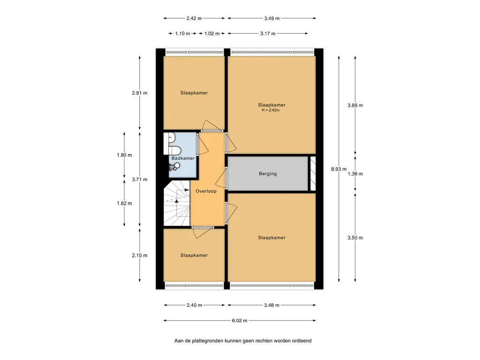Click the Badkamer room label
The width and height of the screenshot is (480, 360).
point(183,158)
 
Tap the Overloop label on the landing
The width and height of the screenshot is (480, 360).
point(206,191)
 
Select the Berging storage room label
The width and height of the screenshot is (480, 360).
point(268,173)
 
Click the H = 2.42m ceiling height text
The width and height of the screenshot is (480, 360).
point(270,110)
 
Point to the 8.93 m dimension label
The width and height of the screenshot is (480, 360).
point(339,169)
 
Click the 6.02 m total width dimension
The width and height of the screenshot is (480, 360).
point(240,321)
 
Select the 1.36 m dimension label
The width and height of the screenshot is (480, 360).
point(355,174)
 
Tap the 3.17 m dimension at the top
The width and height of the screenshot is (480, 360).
point(268,33)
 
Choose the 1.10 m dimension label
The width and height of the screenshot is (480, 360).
point(182,33)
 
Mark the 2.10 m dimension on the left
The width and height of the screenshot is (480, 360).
point(140,255)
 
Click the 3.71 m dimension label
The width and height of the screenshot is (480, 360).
point(140,180)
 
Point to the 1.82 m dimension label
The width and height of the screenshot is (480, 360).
point(124,203)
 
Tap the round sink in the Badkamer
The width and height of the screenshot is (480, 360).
point(177,165)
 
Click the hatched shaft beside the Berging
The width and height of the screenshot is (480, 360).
point(313,173)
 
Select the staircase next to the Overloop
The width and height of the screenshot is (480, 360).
point(177,203)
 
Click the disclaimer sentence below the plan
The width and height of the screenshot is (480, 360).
point(243,341)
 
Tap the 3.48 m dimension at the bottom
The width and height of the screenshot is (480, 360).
point(272,305)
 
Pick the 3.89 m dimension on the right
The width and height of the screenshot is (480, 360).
point(355,105)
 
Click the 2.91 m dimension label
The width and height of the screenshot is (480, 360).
point(140,93)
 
